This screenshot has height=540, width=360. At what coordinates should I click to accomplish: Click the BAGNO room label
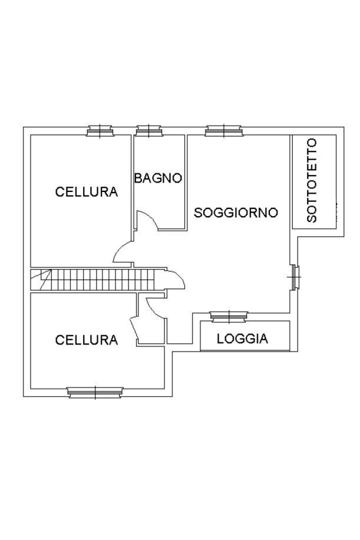158,178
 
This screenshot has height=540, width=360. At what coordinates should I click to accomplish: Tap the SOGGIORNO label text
236,213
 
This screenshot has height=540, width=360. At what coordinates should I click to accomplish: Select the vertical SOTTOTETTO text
312,180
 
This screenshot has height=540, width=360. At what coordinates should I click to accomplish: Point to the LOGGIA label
242,339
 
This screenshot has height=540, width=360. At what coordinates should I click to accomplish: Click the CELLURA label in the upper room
86,192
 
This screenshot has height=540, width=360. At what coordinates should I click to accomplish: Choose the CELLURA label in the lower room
86,340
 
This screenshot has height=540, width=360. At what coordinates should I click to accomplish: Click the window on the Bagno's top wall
149,131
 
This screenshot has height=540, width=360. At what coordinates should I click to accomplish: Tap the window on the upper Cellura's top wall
99,131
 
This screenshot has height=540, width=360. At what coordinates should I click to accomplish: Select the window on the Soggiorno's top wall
223,131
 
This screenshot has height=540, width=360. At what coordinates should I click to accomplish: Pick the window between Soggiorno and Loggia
229,317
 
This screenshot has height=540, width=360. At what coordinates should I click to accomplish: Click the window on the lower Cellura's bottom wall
95,392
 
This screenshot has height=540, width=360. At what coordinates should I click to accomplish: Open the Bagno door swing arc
147,221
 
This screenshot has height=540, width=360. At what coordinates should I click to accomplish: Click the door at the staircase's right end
176,280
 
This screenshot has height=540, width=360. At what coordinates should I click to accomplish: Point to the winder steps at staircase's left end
40,280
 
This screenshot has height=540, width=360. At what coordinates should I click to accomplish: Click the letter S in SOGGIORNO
199,213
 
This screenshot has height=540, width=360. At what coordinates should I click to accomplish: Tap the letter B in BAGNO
138,178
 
